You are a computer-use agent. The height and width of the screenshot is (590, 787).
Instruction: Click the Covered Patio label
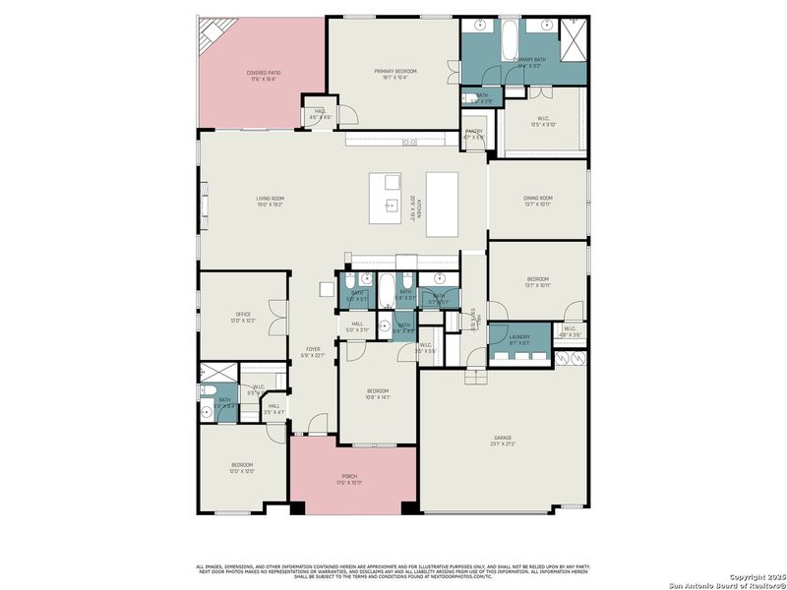click(261, 73)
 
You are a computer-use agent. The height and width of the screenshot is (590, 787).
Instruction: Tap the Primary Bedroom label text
click(395, 72)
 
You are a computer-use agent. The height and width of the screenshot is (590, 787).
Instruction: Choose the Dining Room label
click(537, 199)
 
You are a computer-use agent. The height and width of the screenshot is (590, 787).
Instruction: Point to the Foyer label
click(313, 349)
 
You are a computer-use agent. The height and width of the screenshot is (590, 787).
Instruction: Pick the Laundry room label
click(519, 337)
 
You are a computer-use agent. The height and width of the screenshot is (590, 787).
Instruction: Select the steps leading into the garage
click(475, 372)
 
